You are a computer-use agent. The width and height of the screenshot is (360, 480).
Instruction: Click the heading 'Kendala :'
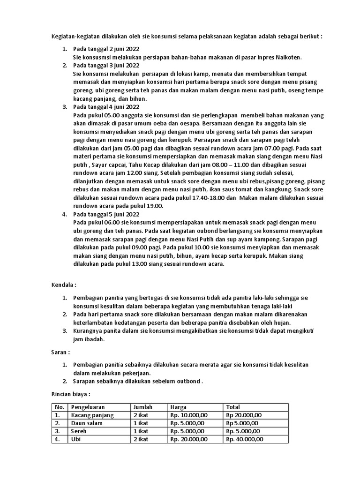click(63, 285)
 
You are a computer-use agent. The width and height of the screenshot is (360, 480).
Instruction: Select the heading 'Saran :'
click(60, 352)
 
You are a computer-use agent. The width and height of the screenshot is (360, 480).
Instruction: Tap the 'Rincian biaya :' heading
click(71, 394)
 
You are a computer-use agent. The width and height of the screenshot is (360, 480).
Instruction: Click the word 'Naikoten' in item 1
click(287, 57)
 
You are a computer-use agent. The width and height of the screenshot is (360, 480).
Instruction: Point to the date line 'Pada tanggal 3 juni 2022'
click(106, 65)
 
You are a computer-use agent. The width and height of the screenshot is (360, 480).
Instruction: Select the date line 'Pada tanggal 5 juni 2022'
click(106, 214)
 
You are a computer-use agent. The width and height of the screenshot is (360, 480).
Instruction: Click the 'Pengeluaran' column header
click(88, 407)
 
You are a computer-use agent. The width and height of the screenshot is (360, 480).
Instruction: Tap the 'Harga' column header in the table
click(179, 407)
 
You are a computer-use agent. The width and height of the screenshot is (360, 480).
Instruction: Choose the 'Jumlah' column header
click(143, 407)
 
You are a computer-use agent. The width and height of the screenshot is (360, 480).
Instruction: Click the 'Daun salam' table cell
click(87, 423)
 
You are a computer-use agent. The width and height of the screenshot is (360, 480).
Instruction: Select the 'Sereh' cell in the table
click(80, 431)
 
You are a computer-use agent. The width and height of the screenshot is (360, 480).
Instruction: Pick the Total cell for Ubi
click(245, 439)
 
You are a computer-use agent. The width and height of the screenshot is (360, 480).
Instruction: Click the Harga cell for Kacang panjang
click(187, 415)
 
